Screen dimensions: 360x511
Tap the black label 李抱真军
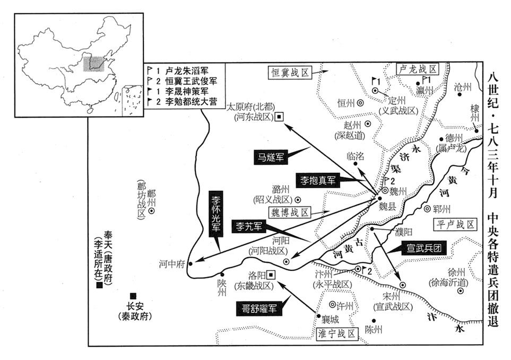click(317, 180)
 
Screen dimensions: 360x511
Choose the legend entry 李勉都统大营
click(186, 101)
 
